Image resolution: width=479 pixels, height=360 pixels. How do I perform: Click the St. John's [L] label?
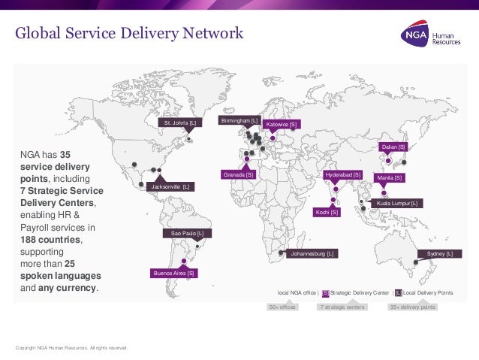pos(179,122)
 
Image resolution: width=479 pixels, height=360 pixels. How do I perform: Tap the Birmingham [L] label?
pos(239,120)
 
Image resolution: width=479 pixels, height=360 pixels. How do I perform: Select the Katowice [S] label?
pos(282,124)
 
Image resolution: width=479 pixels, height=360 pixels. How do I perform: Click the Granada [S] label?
pos(239,174)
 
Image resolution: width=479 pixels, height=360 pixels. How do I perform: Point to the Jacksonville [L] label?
pos(171,186)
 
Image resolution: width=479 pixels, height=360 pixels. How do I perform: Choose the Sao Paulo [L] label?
pos(186,234)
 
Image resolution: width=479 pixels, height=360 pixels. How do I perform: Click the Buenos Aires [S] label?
pos(174,274)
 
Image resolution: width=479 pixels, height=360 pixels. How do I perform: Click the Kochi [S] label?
pos(327,213)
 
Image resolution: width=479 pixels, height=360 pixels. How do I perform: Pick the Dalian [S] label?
pos(393,147)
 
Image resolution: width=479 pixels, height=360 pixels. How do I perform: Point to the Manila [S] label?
pos(390,178)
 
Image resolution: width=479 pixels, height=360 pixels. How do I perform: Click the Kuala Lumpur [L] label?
pos(397,203)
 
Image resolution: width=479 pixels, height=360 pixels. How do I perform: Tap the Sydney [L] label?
pos(440,254)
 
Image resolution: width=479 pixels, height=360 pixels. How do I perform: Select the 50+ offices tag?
pos(282,307)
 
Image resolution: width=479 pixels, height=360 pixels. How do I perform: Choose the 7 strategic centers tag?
pos(342,307)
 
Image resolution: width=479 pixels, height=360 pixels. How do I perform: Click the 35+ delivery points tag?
pos(411,307)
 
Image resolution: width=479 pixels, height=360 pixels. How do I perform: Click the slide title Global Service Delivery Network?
pos(130,34)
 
